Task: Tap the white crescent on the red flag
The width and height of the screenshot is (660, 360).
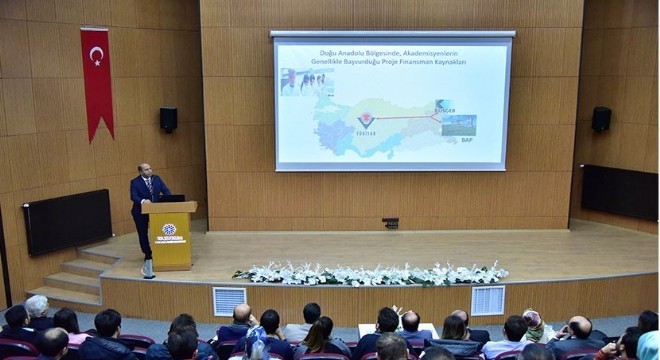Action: pyautogui.click(x=96, y=54)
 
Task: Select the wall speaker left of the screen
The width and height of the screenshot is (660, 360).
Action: pyautogui.click(x=168, y=119)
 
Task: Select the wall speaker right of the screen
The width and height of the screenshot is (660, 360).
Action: pyautogui.click(x=601, y=119)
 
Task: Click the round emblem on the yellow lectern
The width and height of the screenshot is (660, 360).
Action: pyautogui.click(x=168, y=229)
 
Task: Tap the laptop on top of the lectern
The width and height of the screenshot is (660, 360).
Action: pyautogui.click(x=171, y=198)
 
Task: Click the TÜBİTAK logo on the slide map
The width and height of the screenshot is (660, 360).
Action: pyautogui.click(x=366, y=122)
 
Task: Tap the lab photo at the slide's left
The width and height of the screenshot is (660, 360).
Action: pyautogui.click(x=306, y=81)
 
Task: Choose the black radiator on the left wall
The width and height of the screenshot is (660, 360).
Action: pyautogui.click(x=68, y=220)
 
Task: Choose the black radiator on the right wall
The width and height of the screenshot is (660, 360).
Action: pyautogui.click(x=619, y=192)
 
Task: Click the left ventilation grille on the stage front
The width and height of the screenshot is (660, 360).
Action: pyautogui.click(x=229, y=300)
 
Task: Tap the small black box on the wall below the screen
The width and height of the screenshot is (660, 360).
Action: pyautogui.click(x=390, y=222)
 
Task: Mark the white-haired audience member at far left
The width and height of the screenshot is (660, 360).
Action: pyautogui.click(x=37, y=306)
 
